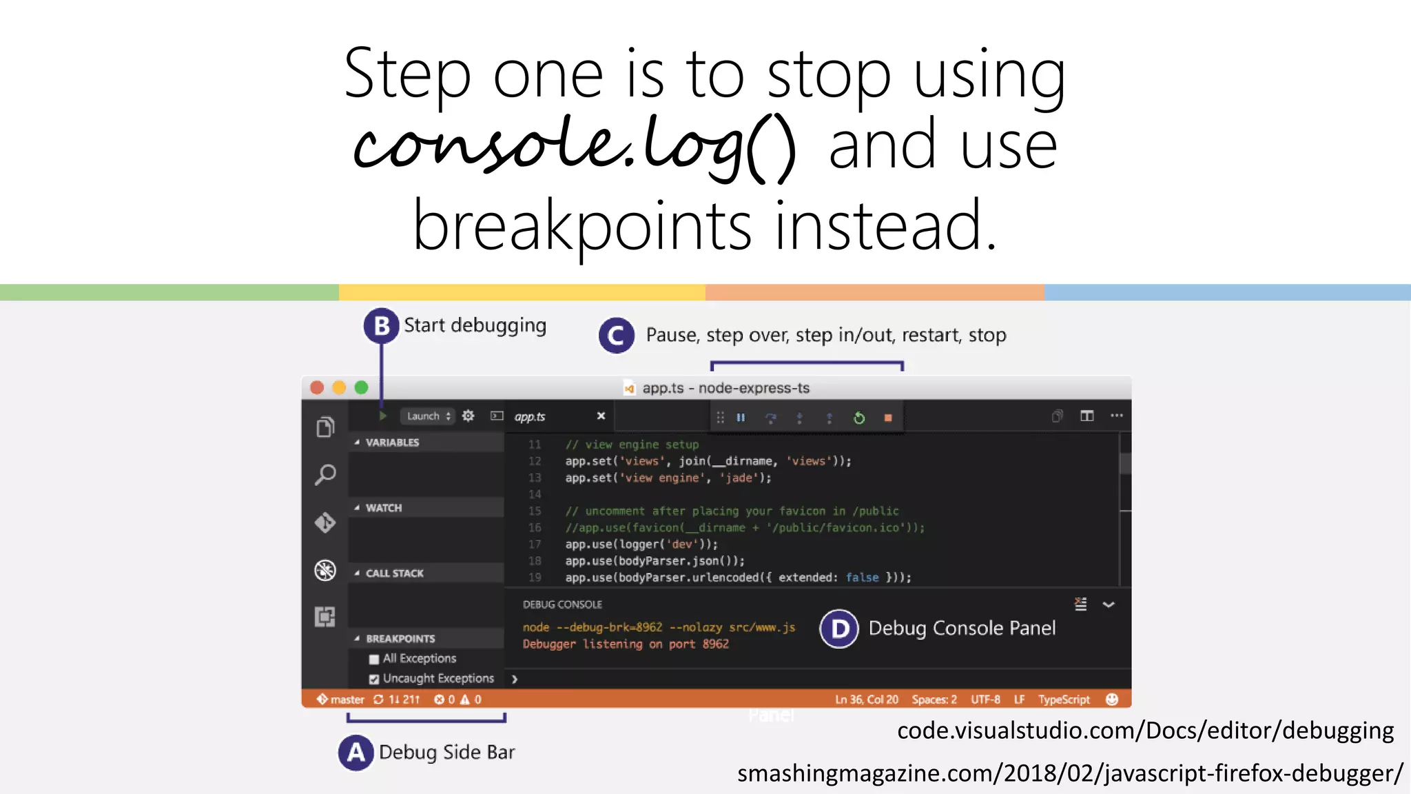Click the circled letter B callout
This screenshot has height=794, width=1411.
coord(381,326)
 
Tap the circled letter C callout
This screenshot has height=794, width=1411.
coord(616,336)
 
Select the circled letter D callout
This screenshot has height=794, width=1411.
coord(839,629)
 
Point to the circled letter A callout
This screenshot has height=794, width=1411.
coord(356,753)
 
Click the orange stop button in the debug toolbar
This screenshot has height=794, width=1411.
coord(888,418)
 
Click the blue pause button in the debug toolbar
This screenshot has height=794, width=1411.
coord(741,418)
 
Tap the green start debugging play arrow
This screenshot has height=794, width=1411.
coord(382,416)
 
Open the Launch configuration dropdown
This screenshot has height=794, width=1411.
coord(428,416)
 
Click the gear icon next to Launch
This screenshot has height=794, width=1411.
coord(468,416)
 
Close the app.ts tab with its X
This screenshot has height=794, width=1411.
coord(601,416)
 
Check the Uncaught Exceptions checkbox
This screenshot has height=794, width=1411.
coord(374,679)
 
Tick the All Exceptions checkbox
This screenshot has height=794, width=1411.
coord(374,659)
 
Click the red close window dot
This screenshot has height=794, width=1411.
coord(317,387)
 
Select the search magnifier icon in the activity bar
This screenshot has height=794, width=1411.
coord(325,474)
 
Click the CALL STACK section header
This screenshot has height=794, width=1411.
coord(395,573)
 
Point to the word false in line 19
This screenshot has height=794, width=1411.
coord(862,578)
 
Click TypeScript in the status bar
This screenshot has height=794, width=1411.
coord(1064,700)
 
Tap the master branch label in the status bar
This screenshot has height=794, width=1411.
coord(347,700)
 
